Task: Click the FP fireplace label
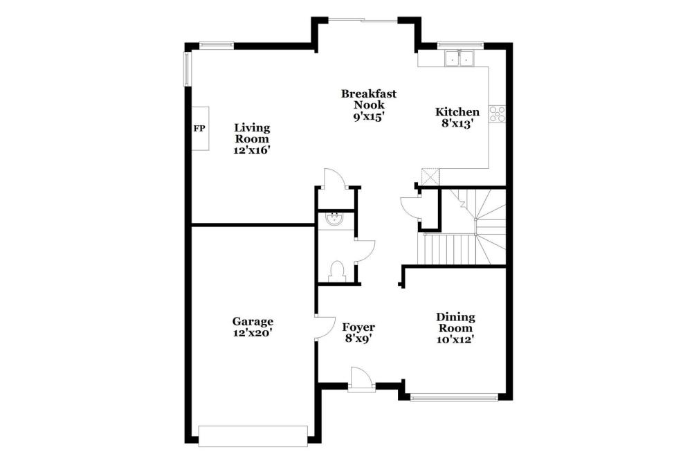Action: point(199,129)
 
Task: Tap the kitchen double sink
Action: point(459,58)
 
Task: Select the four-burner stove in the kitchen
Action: point(497,113)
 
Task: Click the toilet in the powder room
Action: point(336,271)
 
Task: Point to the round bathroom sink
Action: point(334,218)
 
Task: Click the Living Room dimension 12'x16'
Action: point(252,150)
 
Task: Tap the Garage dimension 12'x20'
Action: point(253,333)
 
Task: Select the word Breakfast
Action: point(369,93)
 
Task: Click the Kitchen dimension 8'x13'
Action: point(457,124)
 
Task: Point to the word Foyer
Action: point(358,327)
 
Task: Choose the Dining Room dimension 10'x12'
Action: point(455,339)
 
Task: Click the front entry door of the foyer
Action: point(361,379)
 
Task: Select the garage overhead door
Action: point(253,436)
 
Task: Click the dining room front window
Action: point(454,397)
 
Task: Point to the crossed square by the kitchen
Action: point(430,177)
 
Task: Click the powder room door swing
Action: point(365,251)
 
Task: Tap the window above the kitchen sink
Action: point(460,44)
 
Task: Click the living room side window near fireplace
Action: point(187,69)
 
